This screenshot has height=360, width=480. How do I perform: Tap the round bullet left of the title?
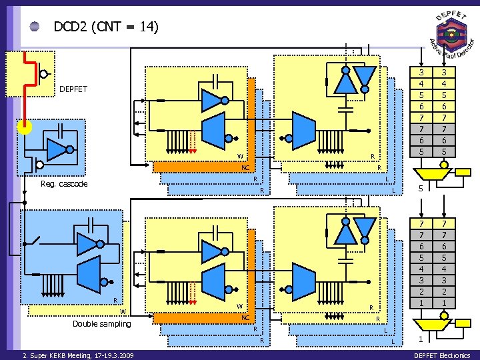(35, 27)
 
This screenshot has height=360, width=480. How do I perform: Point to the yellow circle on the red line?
(25, 127)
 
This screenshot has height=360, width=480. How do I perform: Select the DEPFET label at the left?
(73, 89)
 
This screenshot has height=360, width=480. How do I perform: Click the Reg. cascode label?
(64, 184)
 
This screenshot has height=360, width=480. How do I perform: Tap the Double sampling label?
(102, 324)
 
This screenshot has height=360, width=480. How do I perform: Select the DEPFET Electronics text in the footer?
(442, 355)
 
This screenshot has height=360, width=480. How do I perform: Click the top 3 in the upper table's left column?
(421, 73)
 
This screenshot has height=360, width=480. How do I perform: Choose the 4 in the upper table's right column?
(445, 84)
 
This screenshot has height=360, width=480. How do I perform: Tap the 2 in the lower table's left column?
(421, 292)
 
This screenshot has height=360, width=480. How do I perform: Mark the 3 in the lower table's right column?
(445, 281)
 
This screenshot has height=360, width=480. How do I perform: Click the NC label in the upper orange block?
(245, 168)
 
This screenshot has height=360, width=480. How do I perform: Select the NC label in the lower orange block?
(245, 318)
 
